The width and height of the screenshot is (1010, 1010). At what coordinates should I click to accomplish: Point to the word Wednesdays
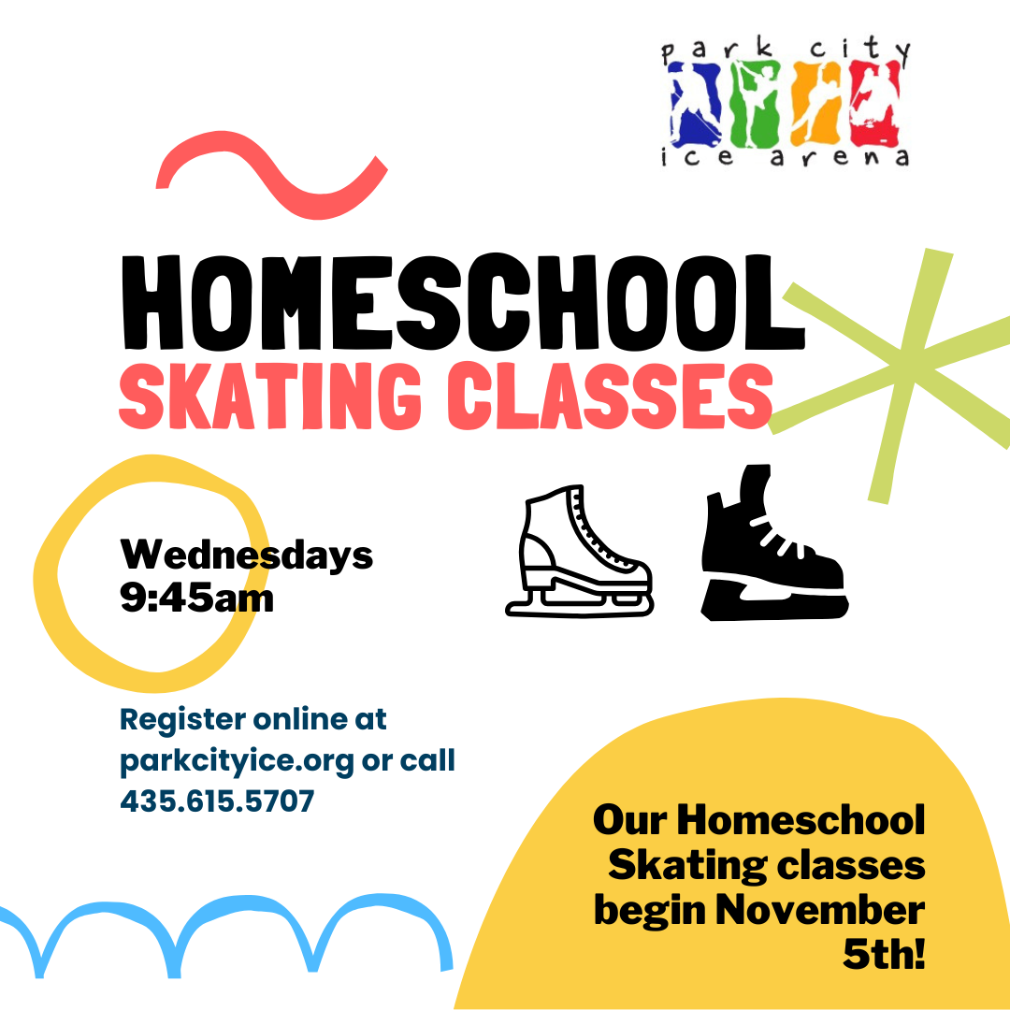246,555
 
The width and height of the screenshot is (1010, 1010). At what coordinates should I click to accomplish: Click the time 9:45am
196,597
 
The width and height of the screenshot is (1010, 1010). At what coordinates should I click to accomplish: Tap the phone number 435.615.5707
217,801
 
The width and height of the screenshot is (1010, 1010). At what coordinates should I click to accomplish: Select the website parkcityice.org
237,761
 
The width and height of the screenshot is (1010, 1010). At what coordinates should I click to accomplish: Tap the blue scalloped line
224,926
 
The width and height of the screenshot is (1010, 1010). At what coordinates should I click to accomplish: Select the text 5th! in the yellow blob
883,954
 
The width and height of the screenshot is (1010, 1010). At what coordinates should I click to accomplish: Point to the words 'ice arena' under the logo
784,158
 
